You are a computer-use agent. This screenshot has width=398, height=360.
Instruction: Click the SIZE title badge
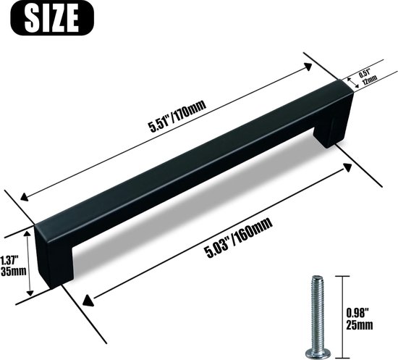[52, 18]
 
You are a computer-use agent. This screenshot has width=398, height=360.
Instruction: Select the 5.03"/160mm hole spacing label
[240, 238]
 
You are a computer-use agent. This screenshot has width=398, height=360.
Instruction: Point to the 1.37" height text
[9, 260]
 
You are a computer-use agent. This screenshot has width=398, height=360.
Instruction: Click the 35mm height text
[14, 272]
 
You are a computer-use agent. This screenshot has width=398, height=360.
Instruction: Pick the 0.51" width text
[365, 73]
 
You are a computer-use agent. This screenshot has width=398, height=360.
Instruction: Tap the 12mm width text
[369, 80]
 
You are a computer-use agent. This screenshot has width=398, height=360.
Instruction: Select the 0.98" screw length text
[357, 313]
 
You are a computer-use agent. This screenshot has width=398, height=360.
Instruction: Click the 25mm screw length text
[360, 325]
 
